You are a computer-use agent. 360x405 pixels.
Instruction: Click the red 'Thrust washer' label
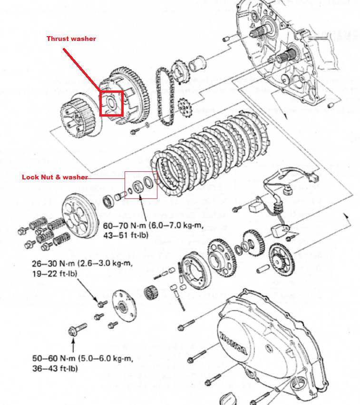tap(71, 39)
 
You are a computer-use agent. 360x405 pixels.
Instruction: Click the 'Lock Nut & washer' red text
tap(55, 177)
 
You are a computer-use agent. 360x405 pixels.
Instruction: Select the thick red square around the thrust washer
tap(111, 103)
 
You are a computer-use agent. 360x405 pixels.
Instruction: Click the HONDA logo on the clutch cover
tap(233, 346)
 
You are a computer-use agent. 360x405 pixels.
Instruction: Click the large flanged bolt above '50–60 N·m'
tap(77, 329)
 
